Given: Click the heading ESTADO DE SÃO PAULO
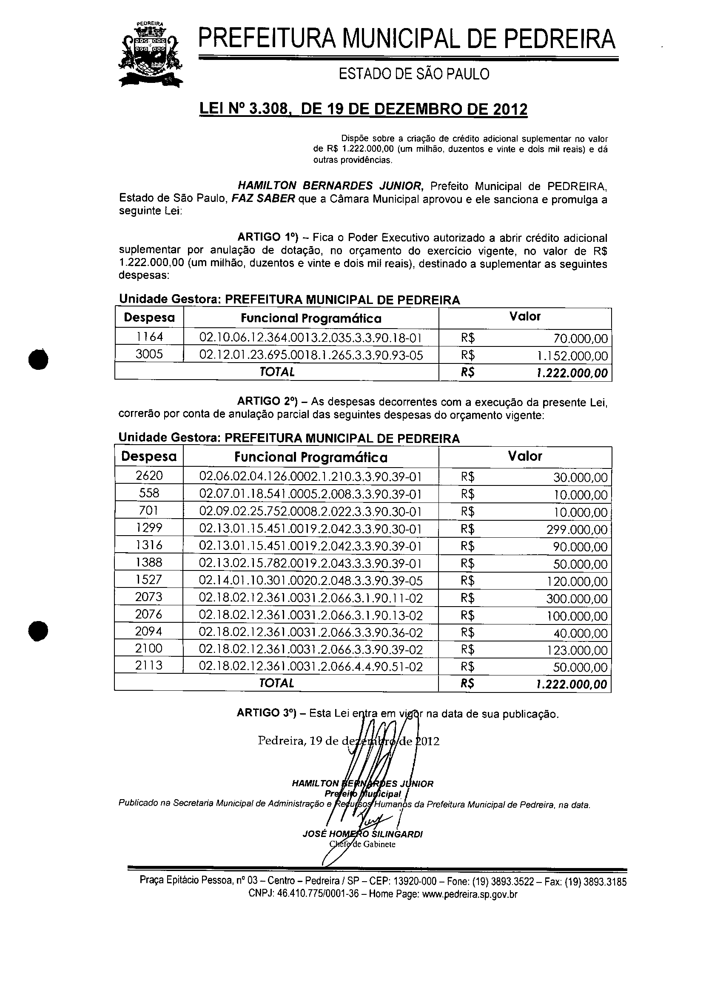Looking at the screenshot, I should coord(413,74).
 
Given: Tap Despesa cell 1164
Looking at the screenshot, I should coord(149,337).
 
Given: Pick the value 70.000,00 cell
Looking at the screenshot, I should coord(580,338).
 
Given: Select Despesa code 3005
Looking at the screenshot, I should coord(149,355).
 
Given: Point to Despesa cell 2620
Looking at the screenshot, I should coord(149,476).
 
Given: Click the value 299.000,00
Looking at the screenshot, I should coord(576,530).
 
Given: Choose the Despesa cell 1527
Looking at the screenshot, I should coord(149,580).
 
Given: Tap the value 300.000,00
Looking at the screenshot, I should coord(576,599).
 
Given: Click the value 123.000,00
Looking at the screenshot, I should coord(576,651).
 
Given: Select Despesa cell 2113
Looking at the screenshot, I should coord(149,666).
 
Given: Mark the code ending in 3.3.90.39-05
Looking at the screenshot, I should coord(311,581).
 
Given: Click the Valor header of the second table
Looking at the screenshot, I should coord(525,457).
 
